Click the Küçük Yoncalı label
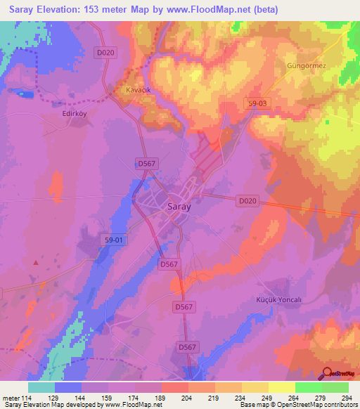click(x=278, y=299)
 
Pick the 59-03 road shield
click(x=258, y=103)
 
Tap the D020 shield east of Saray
click(x=247, y=201)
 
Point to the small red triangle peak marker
click(x=36, y=262)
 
